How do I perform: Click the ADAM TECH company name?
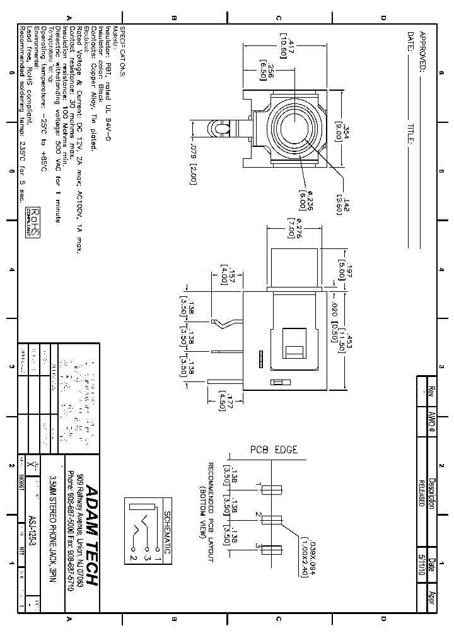coord(91,535)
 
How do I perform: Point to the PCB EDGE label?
coord(274,449)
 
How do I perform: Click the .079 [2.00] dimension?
coord(194,165)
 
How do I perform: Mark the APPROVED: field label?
coord(424,52)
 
